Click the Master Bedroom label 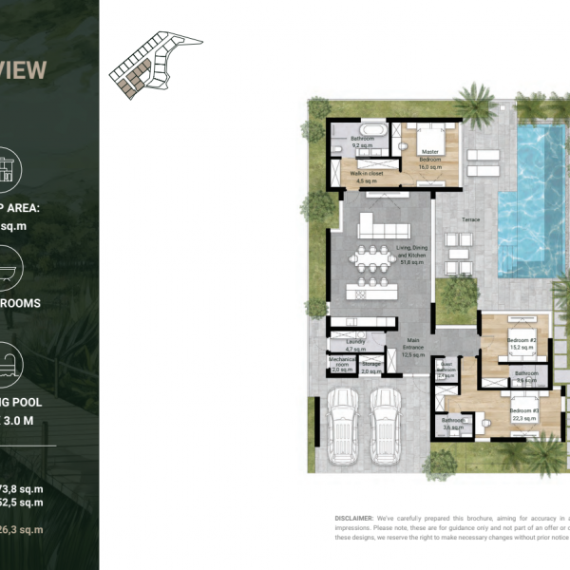pyautogui.click(x=430, y=155)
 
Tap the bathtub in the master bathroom pyautogui.click(x=371, y=127)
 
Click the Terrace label pyautogui.click(x=470, y=219)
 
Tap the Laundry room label pyautogui.click(x=356, y=345)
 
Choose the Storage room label pyautogui.click(x=371, y=367)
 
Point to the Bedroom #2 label pyautogui.click(x=522, y=344)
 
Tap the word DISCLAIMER pyautogui.click(x=354, y=519)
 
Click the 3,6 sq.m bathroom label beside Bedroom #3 pyautogui.click(x=452, y=423)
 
